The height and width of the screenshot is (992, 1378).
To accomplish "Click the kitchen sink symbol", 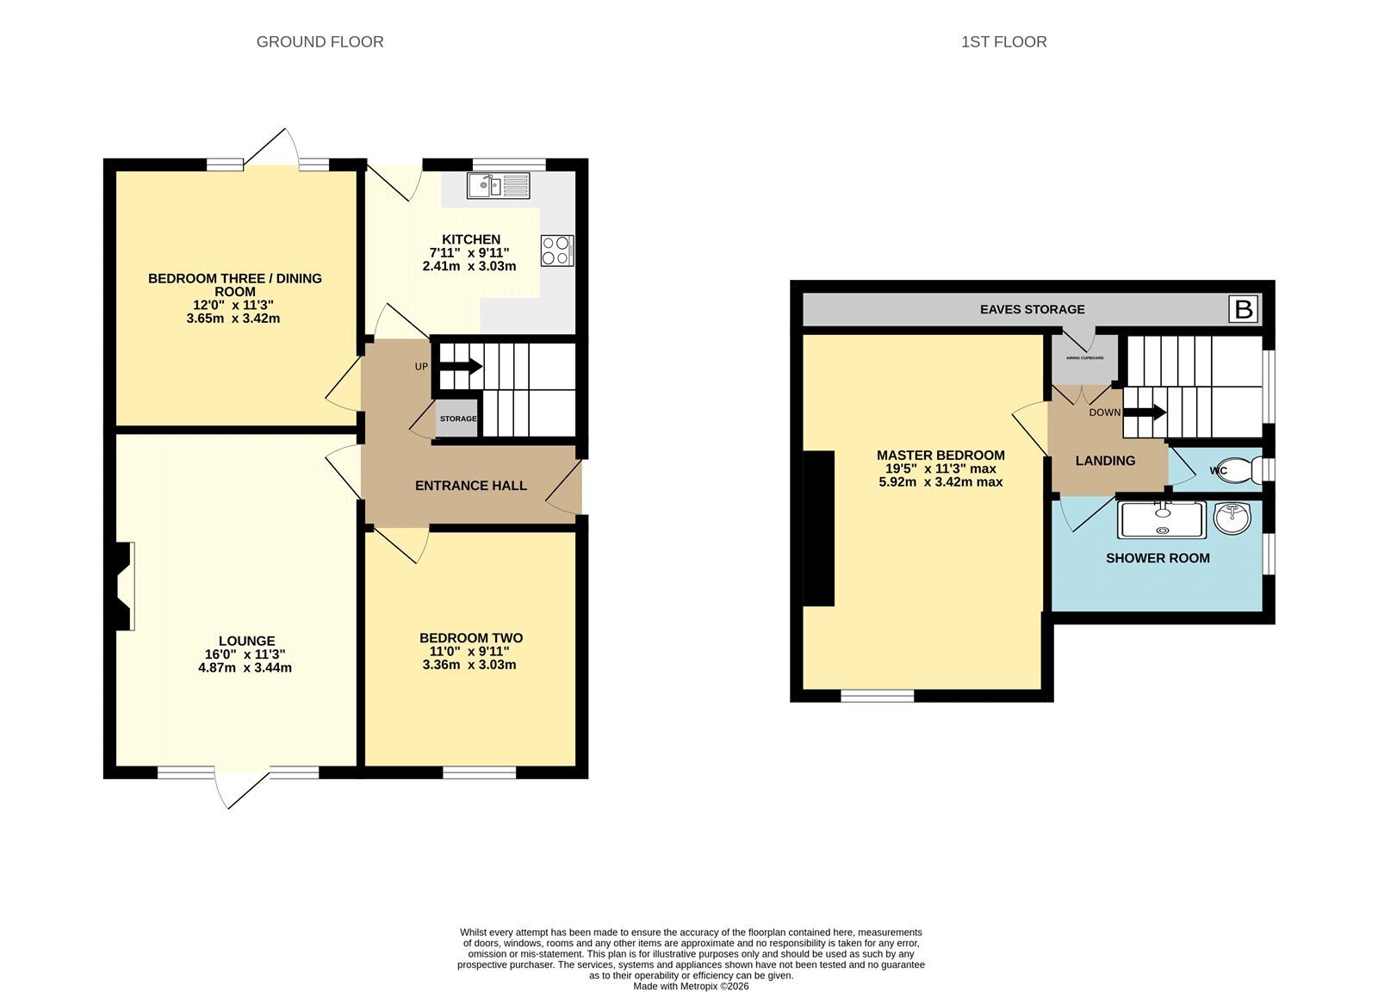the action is coord(498,186).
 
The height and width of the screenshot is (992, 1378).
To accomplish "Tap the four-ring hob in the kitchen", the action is coord(557,251).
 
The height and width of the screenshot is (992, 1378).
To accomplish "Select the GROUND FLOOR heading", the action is coord(320,42).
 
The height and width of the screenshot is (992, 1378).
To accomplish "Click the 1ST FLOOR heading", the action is coord(1004,42).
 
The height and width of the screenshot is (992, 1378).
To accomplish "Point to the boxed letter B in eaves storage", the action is coord(1244,309).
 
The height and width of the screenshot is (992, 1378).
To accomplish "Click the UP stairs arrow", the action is coord(459,367).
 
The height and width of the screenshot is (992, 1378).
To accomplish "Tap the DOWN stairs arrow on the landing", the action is coord(1145,412).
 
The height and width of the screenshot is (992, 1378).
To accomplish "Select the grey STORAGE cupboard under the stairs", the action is coord(457,418).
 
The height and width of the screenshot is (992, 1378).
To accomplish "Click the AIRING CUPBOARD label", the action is coord(1084,358).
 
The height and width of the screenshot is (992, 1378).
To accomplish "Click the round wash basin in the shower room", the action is coord(1232,518).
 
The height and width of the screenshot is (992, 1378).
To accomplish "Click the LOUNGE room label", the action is coord(246,641).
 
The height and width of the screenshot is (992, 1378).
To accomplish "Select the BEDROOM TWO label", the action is coord(471,638).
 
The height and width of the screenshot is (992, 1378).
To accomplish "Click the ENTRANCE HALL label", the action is coord(471,486).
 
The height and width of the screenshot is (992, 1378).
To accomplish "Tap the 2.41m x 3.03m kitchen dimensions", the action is coord(469,266).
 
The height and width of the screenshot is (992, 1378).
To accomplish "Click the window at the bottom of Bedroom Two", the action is coord(479,773).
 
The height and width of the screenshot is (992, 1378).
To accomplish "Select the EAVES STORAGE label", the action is coord(1033,309).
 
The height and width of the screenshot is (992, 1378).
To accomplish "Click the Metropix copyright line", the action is coord(692,986).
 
